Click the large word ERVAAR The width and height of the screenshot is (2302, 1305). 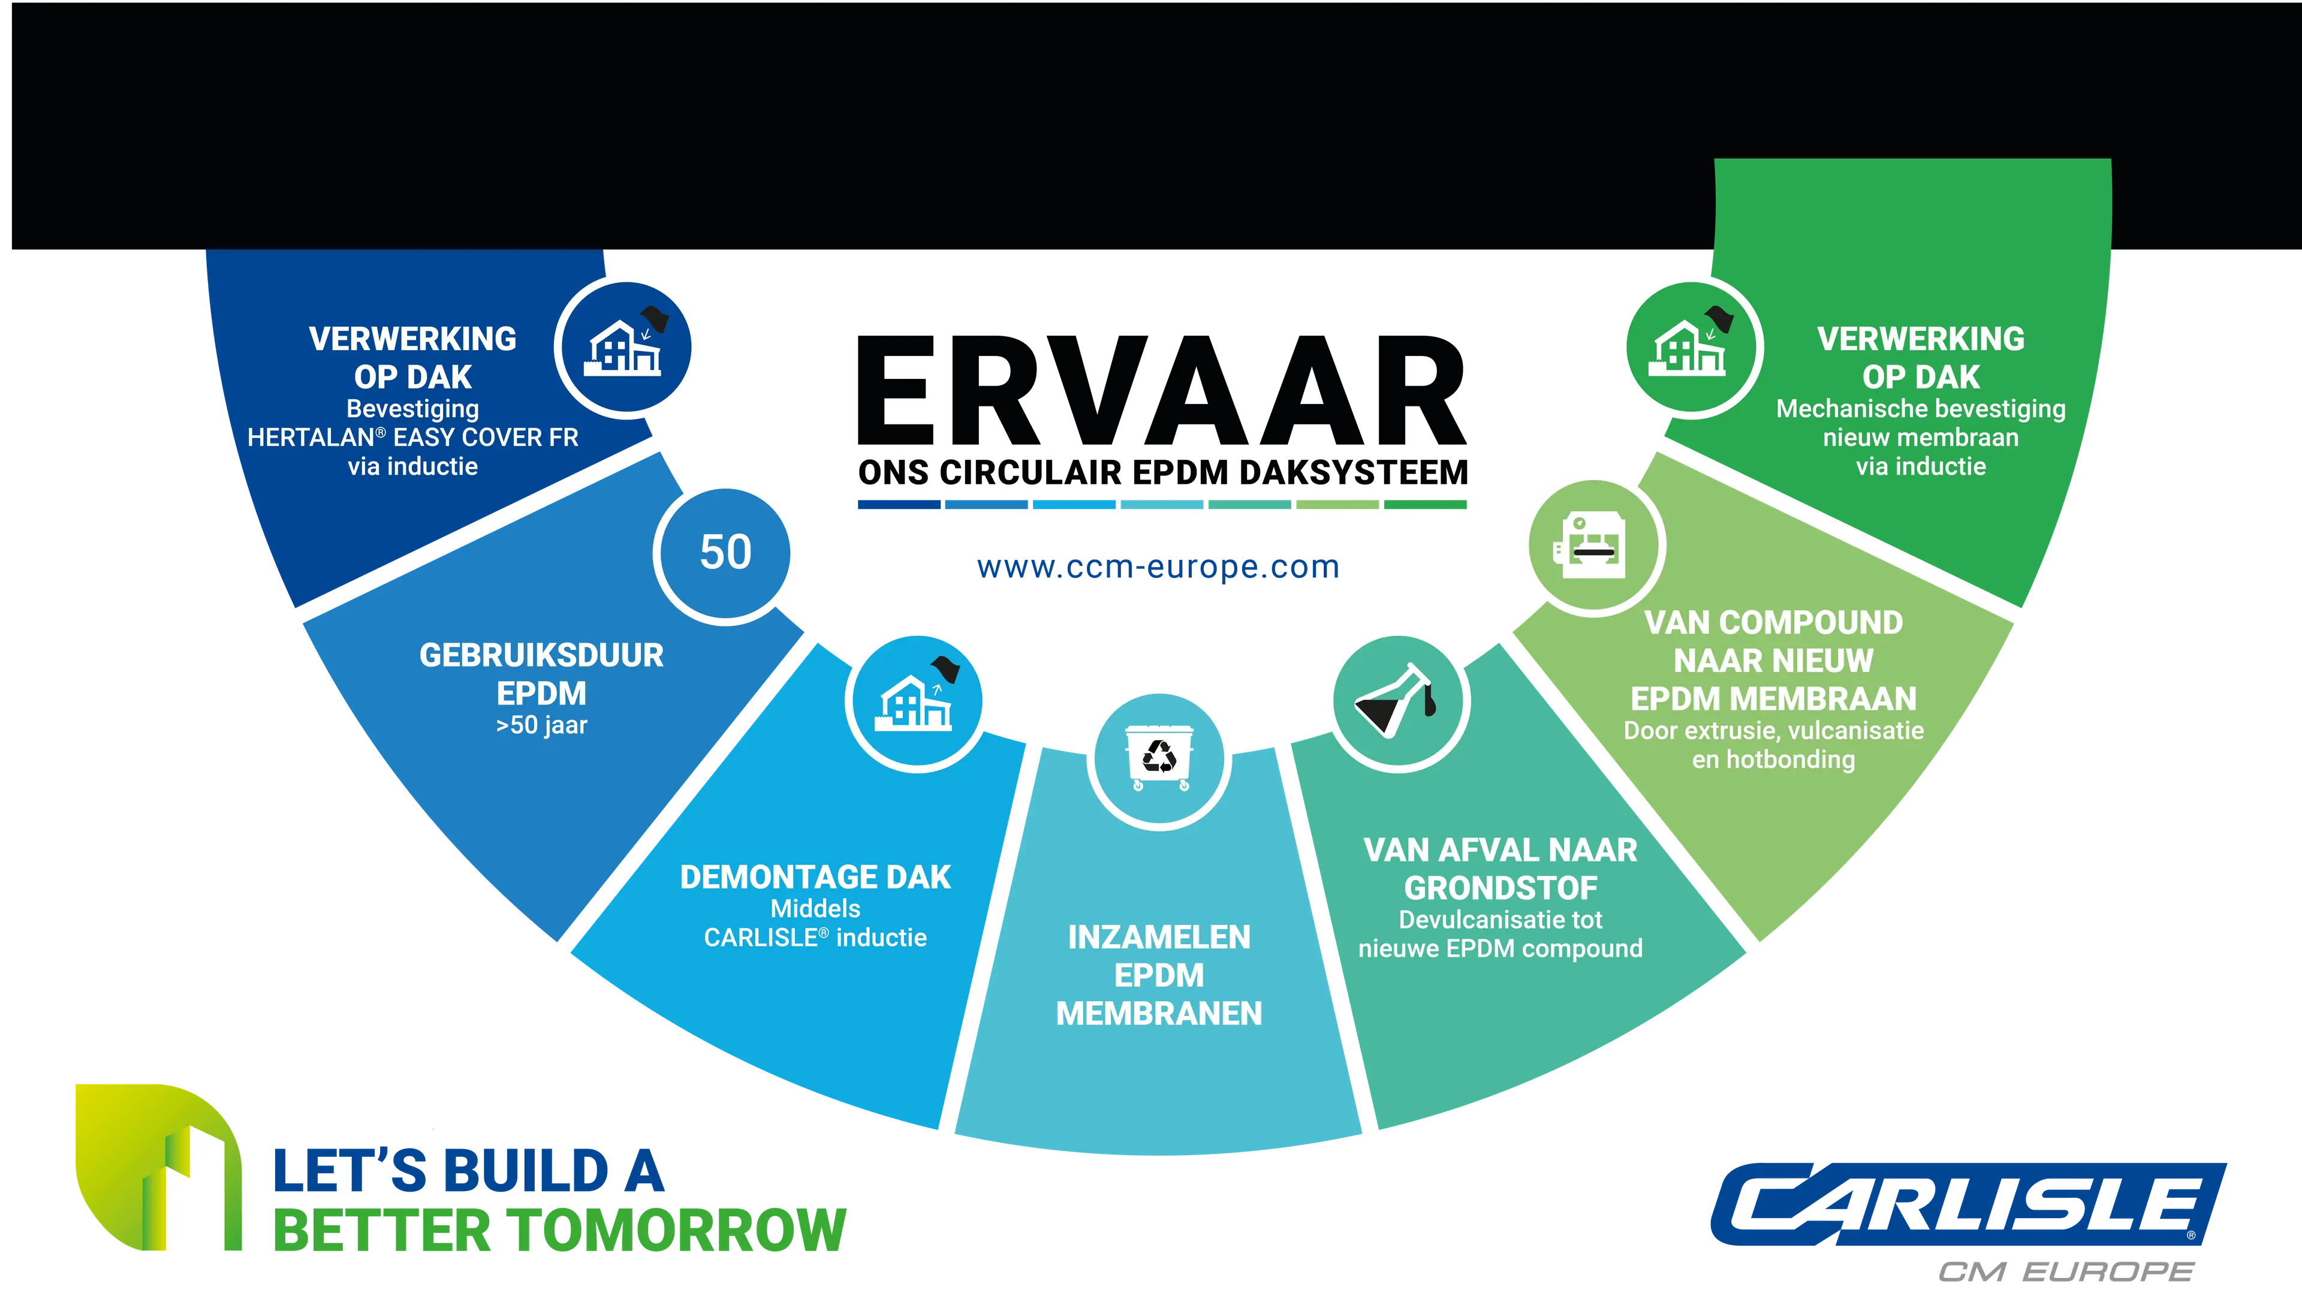tap(1161, 391)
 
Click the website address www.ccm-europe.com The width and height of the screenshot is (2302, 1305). tap(1158, 566)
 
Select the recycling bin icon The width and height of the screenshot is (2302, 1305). tap(1159, 758)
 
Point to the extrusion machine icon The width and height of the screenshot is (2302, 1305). tap(1590, 544)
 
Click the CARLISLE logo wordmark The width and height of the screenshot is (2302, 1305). tap(1967, 1204)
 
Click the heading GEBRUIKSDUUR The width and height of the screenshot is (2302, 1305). tap(541, 655)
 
